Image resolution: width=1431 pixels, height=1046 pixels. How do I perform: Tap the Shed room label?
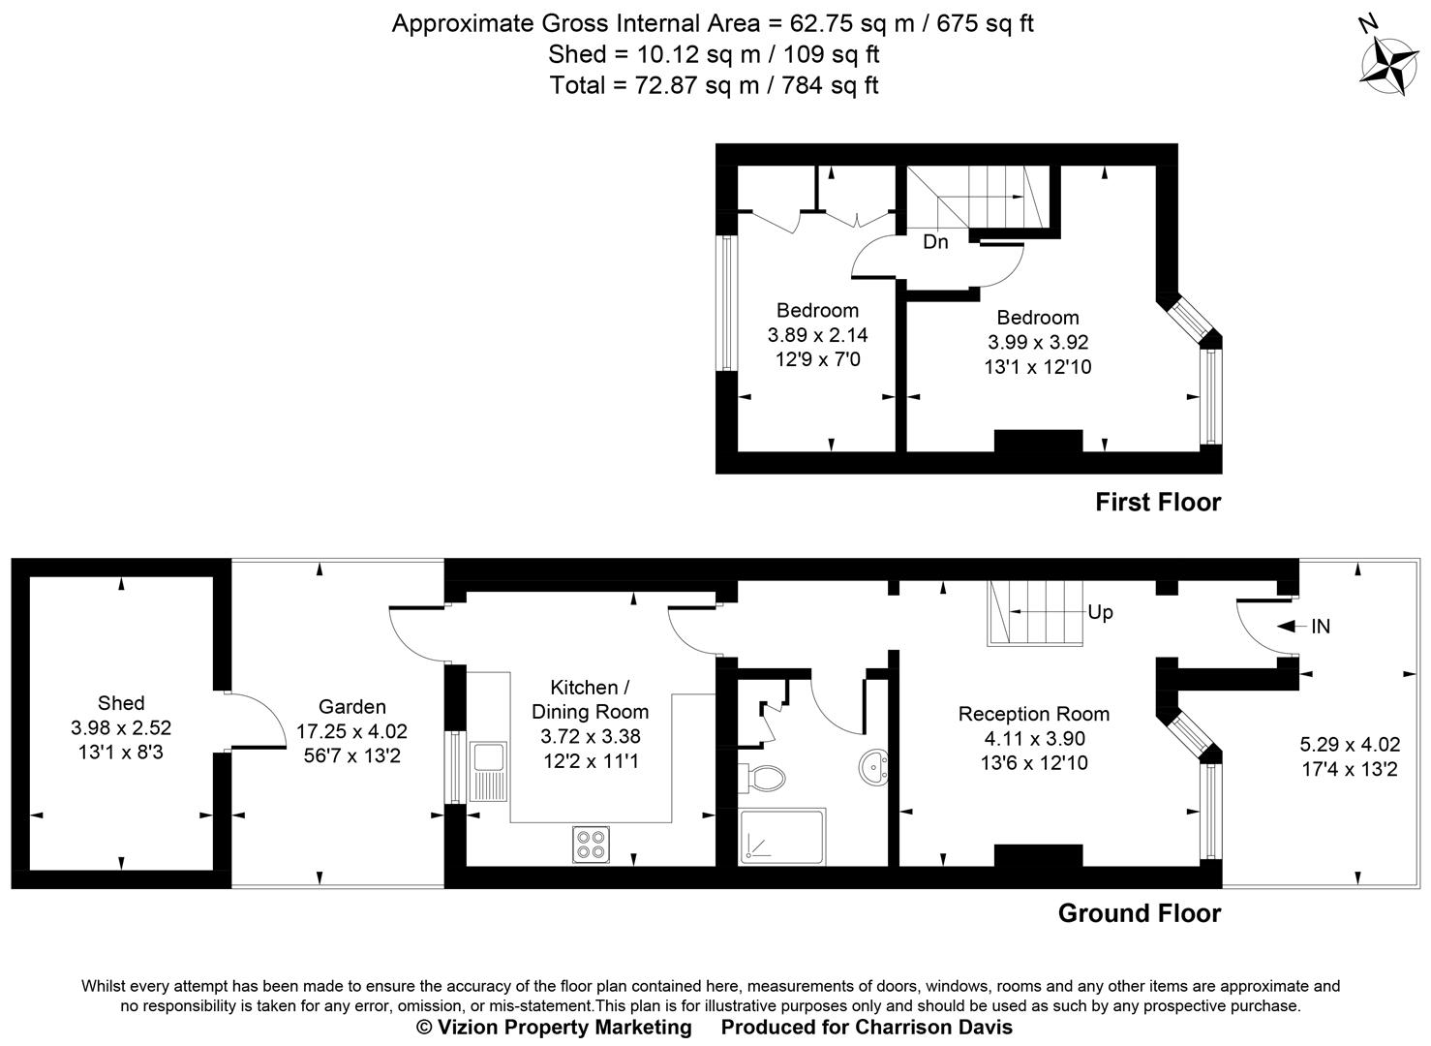pos(121,703)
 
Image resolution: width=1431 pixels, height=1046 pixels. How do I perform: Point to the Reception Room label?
pos(1033,714)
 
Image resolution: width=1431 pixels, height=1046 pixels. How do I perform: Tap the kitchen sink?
pos(488,771)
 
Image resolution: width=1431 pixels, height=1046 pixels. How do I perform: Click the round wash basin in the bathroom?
pos(875,767)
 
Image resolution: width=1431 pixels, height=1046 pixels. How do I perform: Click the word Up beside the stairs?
pos(1100,612)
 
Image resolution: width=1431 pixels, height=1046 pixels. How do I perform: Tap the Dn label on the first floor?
pos(935,242)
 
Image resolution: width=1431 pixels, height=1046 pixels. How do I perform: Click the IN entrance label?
pos(1321,627)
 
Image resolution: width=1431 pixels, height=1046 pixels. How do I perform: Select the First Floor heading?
pos(1158,502)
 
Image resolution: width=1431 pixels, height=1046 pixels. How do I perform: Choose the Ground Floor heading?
pos(1140,912)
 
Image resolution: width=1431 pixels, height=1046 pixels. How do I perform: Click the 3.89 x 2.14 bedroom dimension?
pos(817,335)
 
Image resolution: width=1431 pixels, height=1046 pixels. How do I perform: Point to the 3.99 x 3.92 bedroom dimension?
pos(1038,342)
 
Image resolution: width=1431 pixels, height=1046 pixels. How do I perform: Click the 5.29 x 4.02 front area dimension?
pos(1349,745)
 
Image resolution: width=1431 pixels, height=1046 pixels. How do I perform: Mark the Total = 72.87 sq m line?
pos(714,85)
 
